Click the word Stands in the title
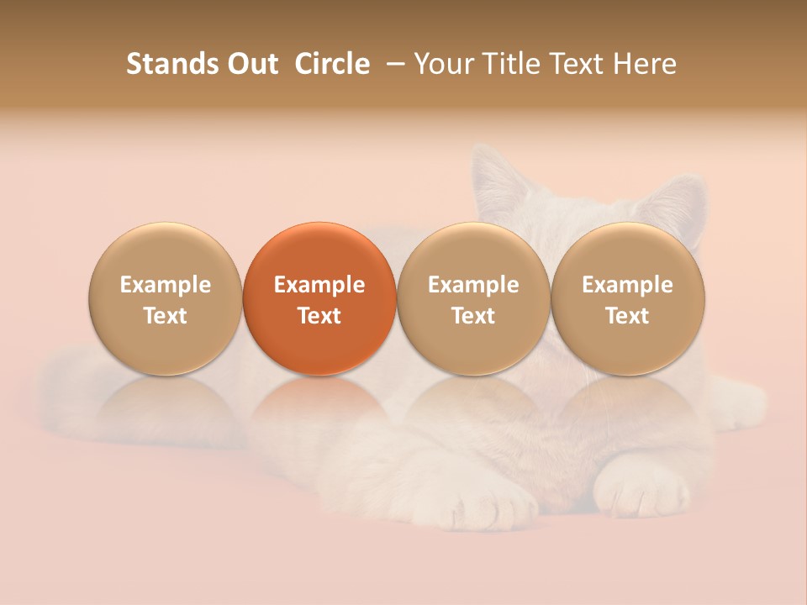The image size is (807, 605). (x=164, y=64)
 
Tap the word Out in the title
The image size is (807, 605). (x=250, y=64)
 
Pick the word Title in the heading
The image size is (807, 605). (x=508, y=64)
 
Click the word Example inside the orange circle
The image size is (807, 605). (x=319, y=285)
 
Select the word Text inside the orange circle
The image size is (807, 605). (x=319, y=316)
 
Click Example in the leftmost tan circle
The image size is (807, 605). (x=166, y=285)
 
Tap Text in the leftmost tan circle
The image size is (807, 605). (x=166, y=316)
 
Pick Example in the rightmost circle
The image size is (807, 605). (x=627, y=285)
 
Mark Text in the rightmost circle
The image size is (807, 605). (x=627, y=316)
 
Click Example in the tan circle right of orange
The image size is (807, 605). (x=473, y=285)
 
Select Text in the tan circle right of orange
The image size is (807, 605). (x=473, y=316)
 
